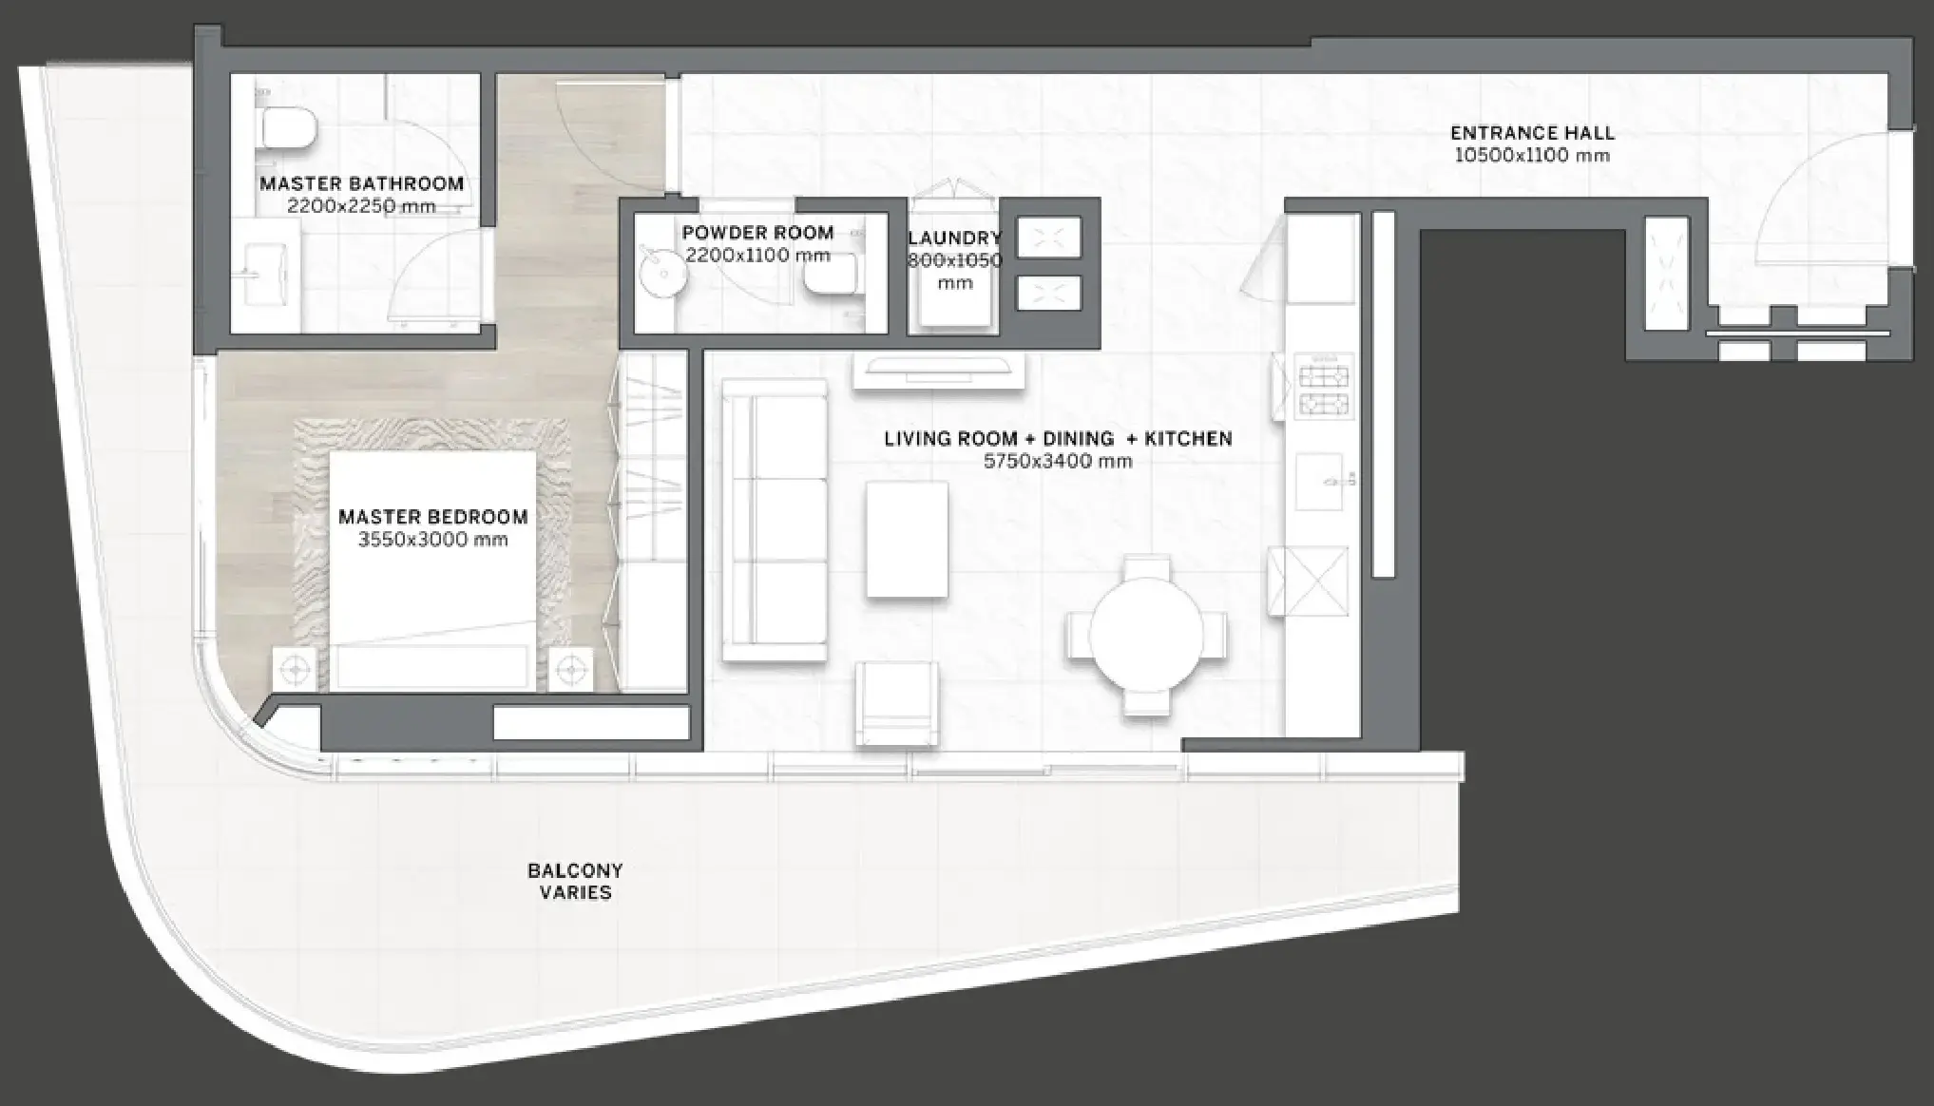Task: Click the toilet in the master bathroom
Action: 287,128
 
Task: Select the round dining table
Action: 1146,635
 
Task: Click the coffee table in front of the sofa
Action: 907,540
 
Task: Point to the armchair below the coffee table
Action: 897,702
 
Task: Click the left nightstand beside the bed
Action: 295,670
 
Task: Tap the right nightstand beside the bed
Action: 570,670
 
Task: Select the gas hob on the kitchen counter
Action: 1324,390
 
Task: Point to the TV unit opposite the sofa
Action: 938,371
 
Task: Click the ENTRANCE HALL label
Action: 1532,133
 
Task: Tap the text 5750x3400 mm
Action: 1058,462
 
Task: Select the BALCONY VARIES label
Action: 575,881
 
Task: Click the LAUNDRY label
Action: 954,238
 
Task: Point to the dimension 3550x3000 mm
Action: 432,540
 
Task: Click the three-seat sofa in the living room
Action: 774,520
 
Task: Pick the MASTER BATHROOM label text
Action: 361,183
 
